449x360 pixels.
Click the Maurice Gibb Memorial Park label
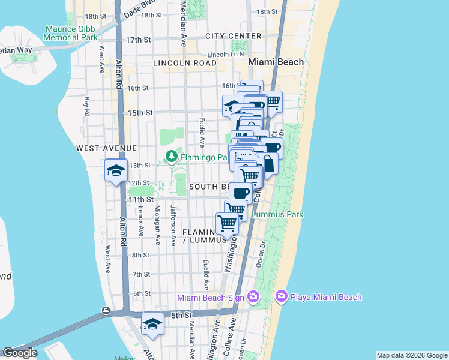[x=71, y=33]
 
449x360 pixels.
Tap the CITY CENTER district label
[x=233, y=36]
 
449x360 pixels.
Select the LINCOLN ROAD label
[x=184, y=62]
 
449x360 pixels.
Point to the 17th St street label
[x=137, y=40]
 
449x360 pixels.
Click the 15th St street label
[x=140, y=112]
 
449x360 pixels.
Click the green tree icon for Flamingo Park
[x=172, y=157]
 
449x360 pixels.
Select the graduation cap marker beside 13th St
[x=116, y=170]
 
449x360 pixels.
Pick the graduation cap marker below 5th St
[x=153, y=324]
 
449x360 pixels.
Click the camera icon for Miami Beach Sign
[x=253, y=296]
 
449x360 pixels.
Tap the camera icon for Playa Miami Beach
[x=281, y=296]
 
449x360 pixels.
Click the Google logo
[x=20, y=353]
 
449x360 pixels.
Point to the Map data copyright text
[x=411, y=355]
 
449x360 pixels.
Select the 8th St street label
[x=140, y=255]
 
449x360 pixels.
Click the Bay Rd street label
[x=87, y=107]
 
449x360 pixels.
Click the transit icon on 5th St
[x=106, y=311]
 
